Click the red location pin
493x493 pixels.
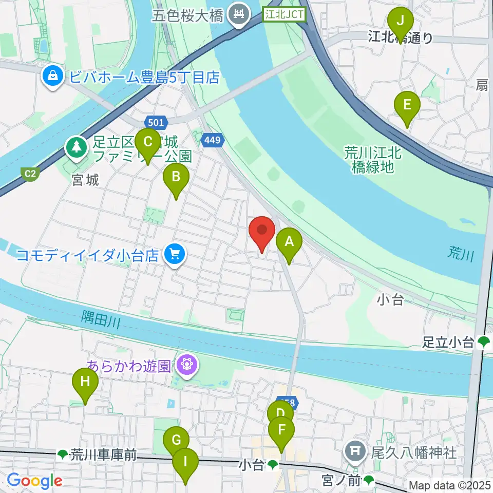tap(262, 232)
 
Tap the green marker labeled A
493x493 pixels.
tap(289, 243)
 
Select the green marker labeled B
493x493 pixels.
tap(176, 179)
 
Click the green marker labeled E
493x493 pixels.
tap(407, 107)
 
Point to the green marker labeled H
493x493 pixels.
tap(85, 384)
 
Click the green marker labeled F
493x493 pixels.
tap(281, 432)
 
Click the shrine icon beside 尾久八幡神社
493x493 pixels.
tap(355, 452)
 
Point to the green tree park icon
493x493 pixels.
tap(77, 147)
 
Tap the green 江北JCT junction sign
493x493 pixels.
tap(284, 15)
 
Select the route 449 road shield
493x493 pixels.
tap(212, 139)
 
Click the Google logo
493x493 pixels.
tap(34, 481)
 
